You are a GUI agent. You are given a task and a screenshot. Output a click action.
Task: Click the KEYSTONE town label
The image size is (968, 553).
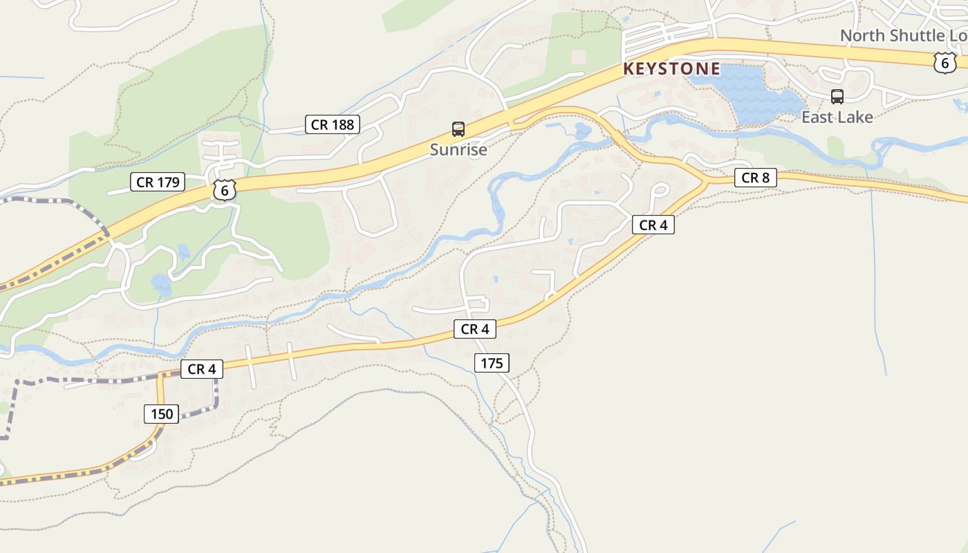(x=671, y=69)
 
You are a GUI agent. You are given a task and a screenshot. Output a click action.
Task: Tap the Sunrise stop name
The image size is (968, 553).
(x=458, y=149)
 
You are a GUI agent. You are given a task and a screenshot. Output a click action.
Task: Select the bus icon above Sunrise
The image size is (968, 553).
(x=458, y=129)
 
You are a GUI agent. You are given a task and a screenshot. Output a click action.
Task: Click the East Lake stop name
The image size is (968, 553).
(x=837, y=117)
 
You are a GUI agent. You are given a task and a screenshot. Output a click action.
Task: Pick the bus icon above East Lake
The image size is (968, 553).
(x=837, y=96)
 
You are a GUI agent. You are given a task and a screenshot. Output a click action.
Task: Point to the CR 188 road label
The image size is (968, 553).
(x=333, y=124)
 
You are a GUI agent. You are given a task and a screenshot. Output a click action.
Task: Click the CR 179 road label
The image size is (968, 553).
(x=158, y=182)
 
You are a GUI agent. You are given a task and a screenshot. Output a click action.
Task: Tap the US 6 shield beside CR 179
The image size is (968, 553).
(x=225, y=189)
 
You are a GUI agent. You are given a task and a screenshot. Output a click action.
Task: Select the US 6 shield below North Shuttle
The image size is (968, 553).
(x=944, y=62)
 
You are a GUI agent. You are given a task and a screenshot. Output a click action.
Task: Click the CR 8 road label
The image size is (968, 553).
(x=755, y=178)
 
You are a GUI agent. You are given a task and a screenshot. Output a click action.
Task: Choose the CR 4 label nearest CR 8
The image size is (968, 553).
(x=653, y=225)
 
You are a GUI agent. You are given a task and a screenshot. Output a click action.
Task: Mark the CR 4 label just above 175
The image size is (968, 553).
(x=475, y=329)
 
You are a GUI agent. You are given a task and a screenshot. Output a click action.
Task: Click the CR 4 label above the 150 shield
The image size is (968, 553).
(x=202, y=369)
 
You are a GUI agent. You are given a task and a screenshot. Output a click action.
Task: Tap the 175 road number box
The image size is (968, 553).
(x=492, y=362)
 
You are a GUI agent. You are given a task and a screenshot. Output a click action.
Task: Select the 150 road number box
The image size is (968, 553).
(x=162, y=414)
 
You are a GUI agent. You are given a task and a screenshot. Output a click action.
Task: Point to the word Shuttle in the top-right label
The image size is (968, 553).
(x=919, y=35)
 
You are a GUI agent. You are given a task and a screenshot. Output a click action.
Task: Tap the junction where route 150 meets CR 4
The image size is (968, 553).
(x=160, y=375)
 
